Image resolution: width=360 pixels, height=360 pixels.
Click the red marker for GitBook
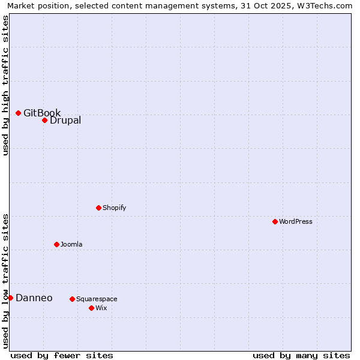pyautogui.click(x=18, y=113)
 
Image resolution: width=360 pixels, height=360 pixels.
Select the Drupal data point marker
pyautogui.click(x=44, y=120)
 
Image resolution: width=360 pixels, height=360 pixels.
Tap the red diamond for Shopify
pyautogui.click(x=98, y=208)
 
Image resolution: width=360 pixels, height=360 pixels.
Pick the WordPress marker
pyautogui.click(x=275, y=221)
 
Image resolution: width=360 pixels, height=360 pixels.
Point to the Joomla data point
pyautogui.click(x=56, y=244)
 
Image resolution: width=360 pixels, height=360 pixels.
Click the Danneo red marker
pyautogui.click(x=10, y=298)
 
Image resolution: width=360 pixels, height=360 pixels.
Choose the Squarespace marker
pyautogui.click(x=72, y=299)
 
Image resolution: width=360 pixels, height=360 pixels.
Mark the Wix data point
pyautogui.click(x=91, y=308)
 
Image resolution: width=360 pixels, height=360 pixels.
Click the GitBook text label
pyautogui.click(x=42, y=113)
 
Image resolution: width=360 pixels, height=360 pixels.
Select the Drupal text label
pyautogui.click(x=65, y=120)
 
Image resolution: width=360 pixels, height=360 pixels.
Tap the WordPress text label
pyautogui.click(x=296, y=221)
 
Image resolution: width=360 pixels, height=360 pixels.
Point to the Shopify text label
pyautogui.click(x=115, y=208)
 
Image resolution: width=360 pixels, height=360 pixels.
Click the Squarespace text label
pyautogui.click(x=97, y=299)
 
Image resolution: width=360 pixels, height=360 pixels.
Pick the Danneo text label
pyautogui.click(x=34, y=298)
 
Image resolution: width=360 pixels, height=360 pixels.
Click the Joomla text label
pyautogui.click(x=71, y=244)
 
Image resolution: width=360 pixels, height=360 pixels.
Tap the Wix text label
pyautogui.click(x=101, y=308)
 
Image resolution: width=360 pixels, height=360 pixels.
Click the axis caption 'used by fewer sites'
pyautogui.click(x=62, y=355)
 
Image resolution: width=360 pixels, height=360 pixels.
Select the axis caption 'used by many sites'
pyautogui.click(x=301, y=355)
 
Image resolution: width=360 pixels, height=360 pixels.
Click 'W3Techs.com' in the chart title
pyautogui.click(x=326, y=5)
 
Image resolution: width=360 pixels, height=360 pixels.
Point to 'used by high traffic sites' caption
pyautogui.click(x=5, y=85)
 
